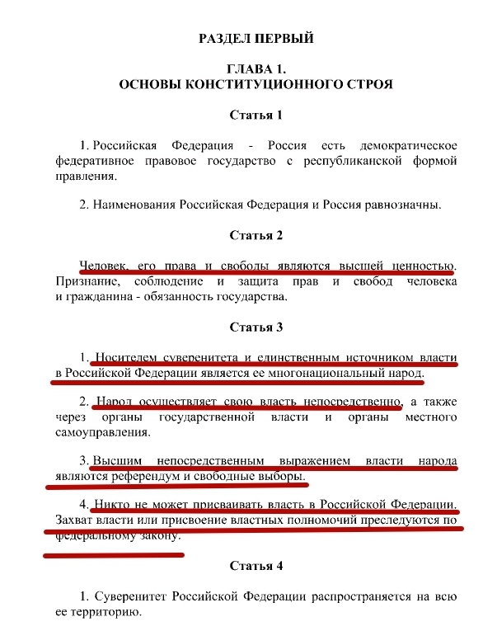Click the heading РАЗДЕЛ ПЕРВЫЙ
coord(256,38)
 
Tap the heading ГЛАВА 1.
coord(256,70)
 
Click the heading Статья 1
coord(256,115)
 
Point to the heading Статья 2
coord(256,236)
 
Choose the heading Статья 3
coord(256,327)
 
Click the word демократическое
coord(404,145)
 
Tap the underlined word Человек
coord(103,266)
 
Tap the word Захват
coord(76,521)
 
